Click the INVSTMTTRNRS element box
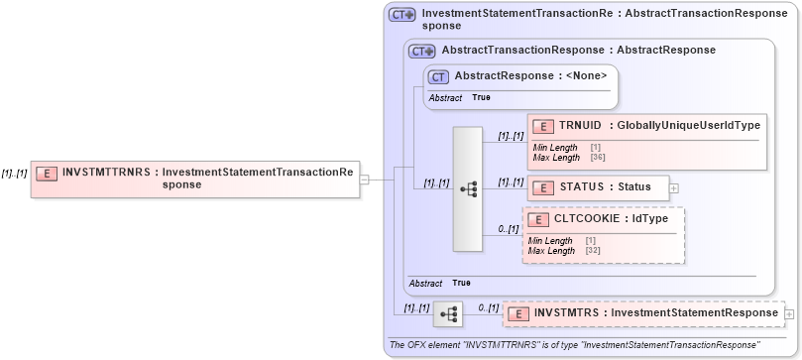click(194, 179)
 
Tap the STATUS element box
click(598, 186)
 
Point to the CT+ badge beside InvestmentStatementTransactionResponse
click(401, 15)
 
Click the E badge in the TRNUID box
click(542, 126)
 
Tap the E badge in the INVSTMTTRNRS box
click(46, 172)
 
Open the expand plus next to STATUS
click(674, 186)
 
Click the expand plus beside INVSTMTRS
click(789, 314)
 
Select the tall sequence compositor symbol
click(468, 188)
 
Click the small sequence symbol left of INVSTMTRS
click(448, 314)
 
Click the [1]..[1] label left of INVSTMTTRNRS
click(14, 172)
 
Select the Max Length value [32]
click(591, 251)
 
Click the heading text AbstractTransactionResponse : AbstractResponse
click(578, 50)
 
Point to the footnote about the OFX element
click(575, 344)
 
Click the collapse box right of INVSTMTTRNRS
click(365, 180)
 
